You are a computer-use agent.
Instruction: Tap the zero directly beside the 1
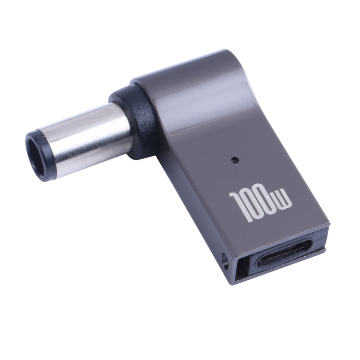pyautogui.click(x=252, y=205)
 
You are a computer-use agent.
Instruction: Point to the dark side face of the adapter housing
pyautogui.click(x=192, y=202)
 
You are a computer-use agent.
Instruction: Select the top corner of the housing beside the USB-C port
pyautogui.click(x=326, y=226)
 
